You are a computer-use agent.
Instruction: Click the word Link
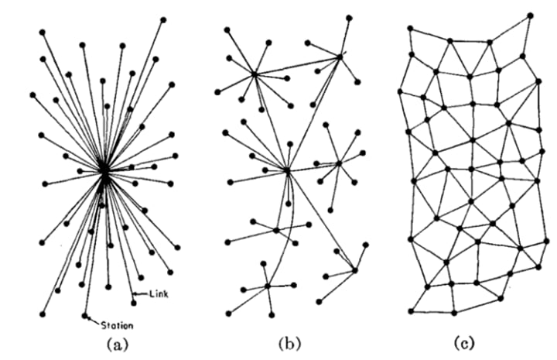click(156, 293)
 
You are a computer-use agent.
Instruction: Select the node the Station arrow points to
click(84, 315)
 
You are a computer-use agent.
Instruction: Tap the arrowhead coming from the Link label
click(135, 292)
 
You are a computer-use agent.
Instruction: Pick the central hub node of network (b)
click(286, 170)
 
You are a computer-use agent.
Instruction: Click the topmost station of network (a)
click(163, 19)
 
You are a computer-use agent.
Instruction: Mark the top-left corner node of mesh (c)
click(410, 28)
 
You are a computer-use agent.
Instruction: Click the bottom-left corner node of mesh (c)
click(411, 311)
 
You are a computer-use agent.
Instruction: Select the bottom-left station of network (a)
click(42, 313)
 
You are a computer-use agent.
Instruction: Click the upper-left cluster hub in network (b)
click(255, 74)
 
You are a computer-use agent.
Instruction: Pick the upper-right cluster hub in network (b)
click(339, 56)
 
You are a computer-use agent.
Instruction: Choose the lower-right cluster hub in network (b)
click(355, 269)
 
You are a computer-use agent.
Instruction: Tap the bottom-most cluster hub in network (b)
click(268, 286)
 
